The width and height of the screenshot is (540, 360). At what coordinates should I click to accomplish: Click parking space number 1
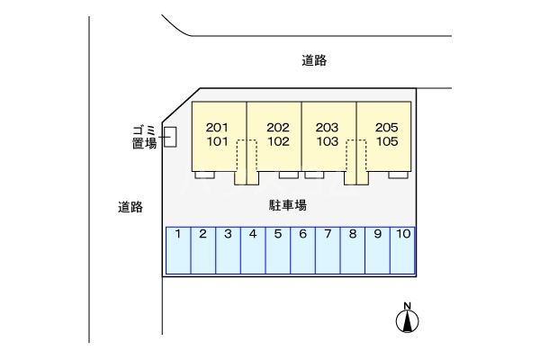(179, 250)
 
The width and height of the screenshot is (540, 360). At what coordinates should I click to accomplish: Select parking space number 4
(254, 250)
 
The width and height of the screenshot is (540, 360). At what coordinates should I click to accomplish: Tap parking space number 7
(328, 250)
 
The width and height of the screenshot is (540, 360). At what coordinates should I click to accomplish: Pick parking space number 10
(403, 250)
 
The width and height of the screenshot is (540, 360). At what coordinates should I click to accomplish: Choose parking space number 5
(279, 250)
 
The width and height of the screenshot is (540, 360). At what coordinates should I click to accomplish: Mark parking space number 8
(354, 250)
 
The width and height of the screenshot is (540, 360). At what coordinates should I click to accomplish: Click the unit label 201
(219, 127)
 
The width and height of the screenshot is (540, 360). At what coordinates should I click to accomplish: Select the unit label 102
(278, 141)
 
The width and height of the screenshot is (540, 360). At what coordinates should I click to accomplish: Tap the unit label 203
(328, 127)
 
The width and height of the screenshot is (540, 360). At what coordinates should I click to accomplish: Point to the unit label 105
(387, 141)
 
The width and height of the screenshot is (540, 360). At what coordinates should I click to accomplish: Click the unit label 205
(387, 127)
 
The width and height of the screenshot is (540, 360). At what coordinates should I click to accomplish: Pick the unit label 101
(219, 141)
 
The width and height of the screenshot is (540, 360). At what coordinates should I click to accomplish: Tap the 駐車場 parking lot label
(288, 205)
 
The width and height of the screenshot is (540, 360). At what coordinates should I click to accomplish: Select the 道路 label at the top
(313, 61)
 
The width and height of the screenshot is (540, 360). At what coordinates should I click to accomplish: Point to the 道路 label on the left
(130, 206)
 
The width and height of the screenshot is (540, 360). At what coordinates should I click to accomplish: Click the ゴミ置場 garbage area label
(144, 136)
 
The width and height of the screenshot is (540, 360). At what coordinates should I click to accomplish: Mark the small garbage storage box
(170, 136)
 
